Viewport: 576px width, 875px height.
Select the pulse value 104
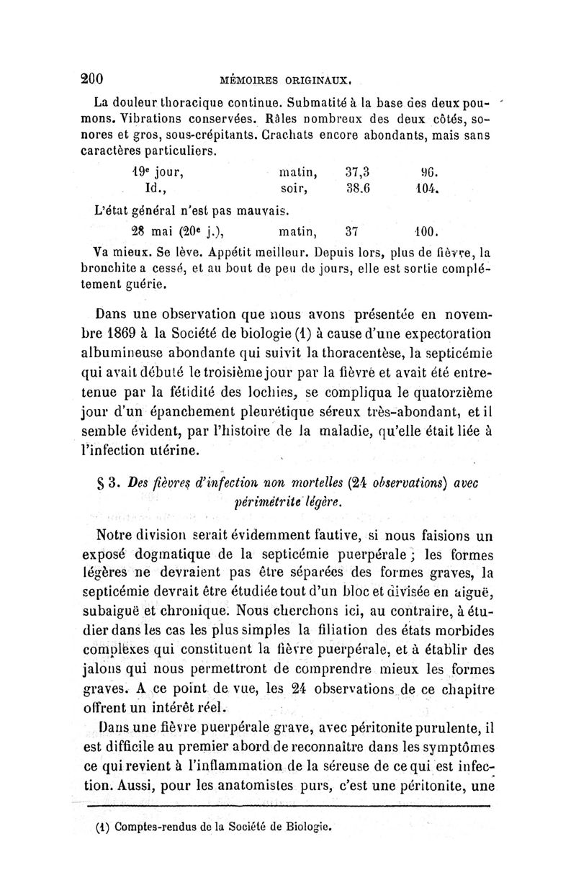tap(427, 192)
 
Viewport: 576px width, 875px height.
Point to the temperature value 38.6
tap(357, 192)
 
